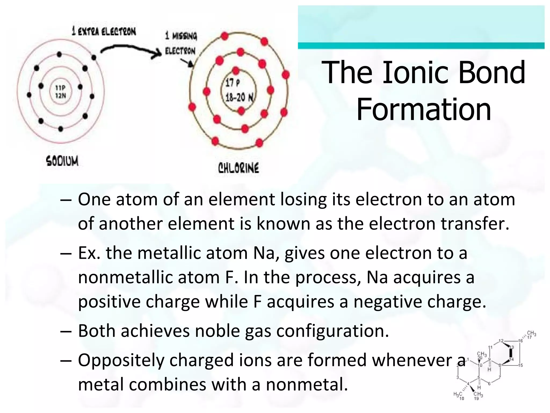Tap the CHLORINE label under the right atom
238,168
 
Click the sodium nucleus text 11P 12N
60,92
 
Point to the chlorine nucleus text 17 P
233,83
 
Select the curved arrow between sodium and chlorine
131,51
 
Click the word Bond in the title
491,73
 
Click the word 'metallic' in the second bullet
169,253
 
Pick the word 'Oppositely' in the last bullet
121,360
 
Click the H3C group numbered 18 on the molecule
458,395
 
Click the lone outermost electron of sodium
94,57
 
